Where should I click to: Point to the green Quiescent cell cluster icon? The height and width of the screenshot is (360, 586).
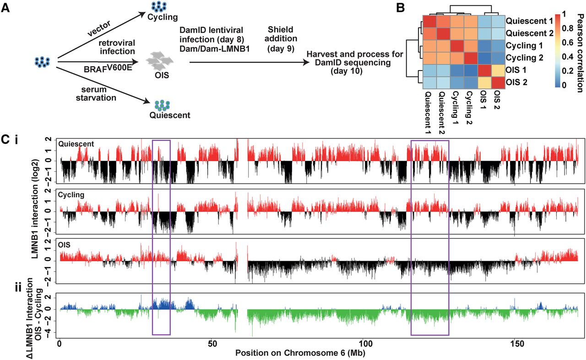tap(162, 104)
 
